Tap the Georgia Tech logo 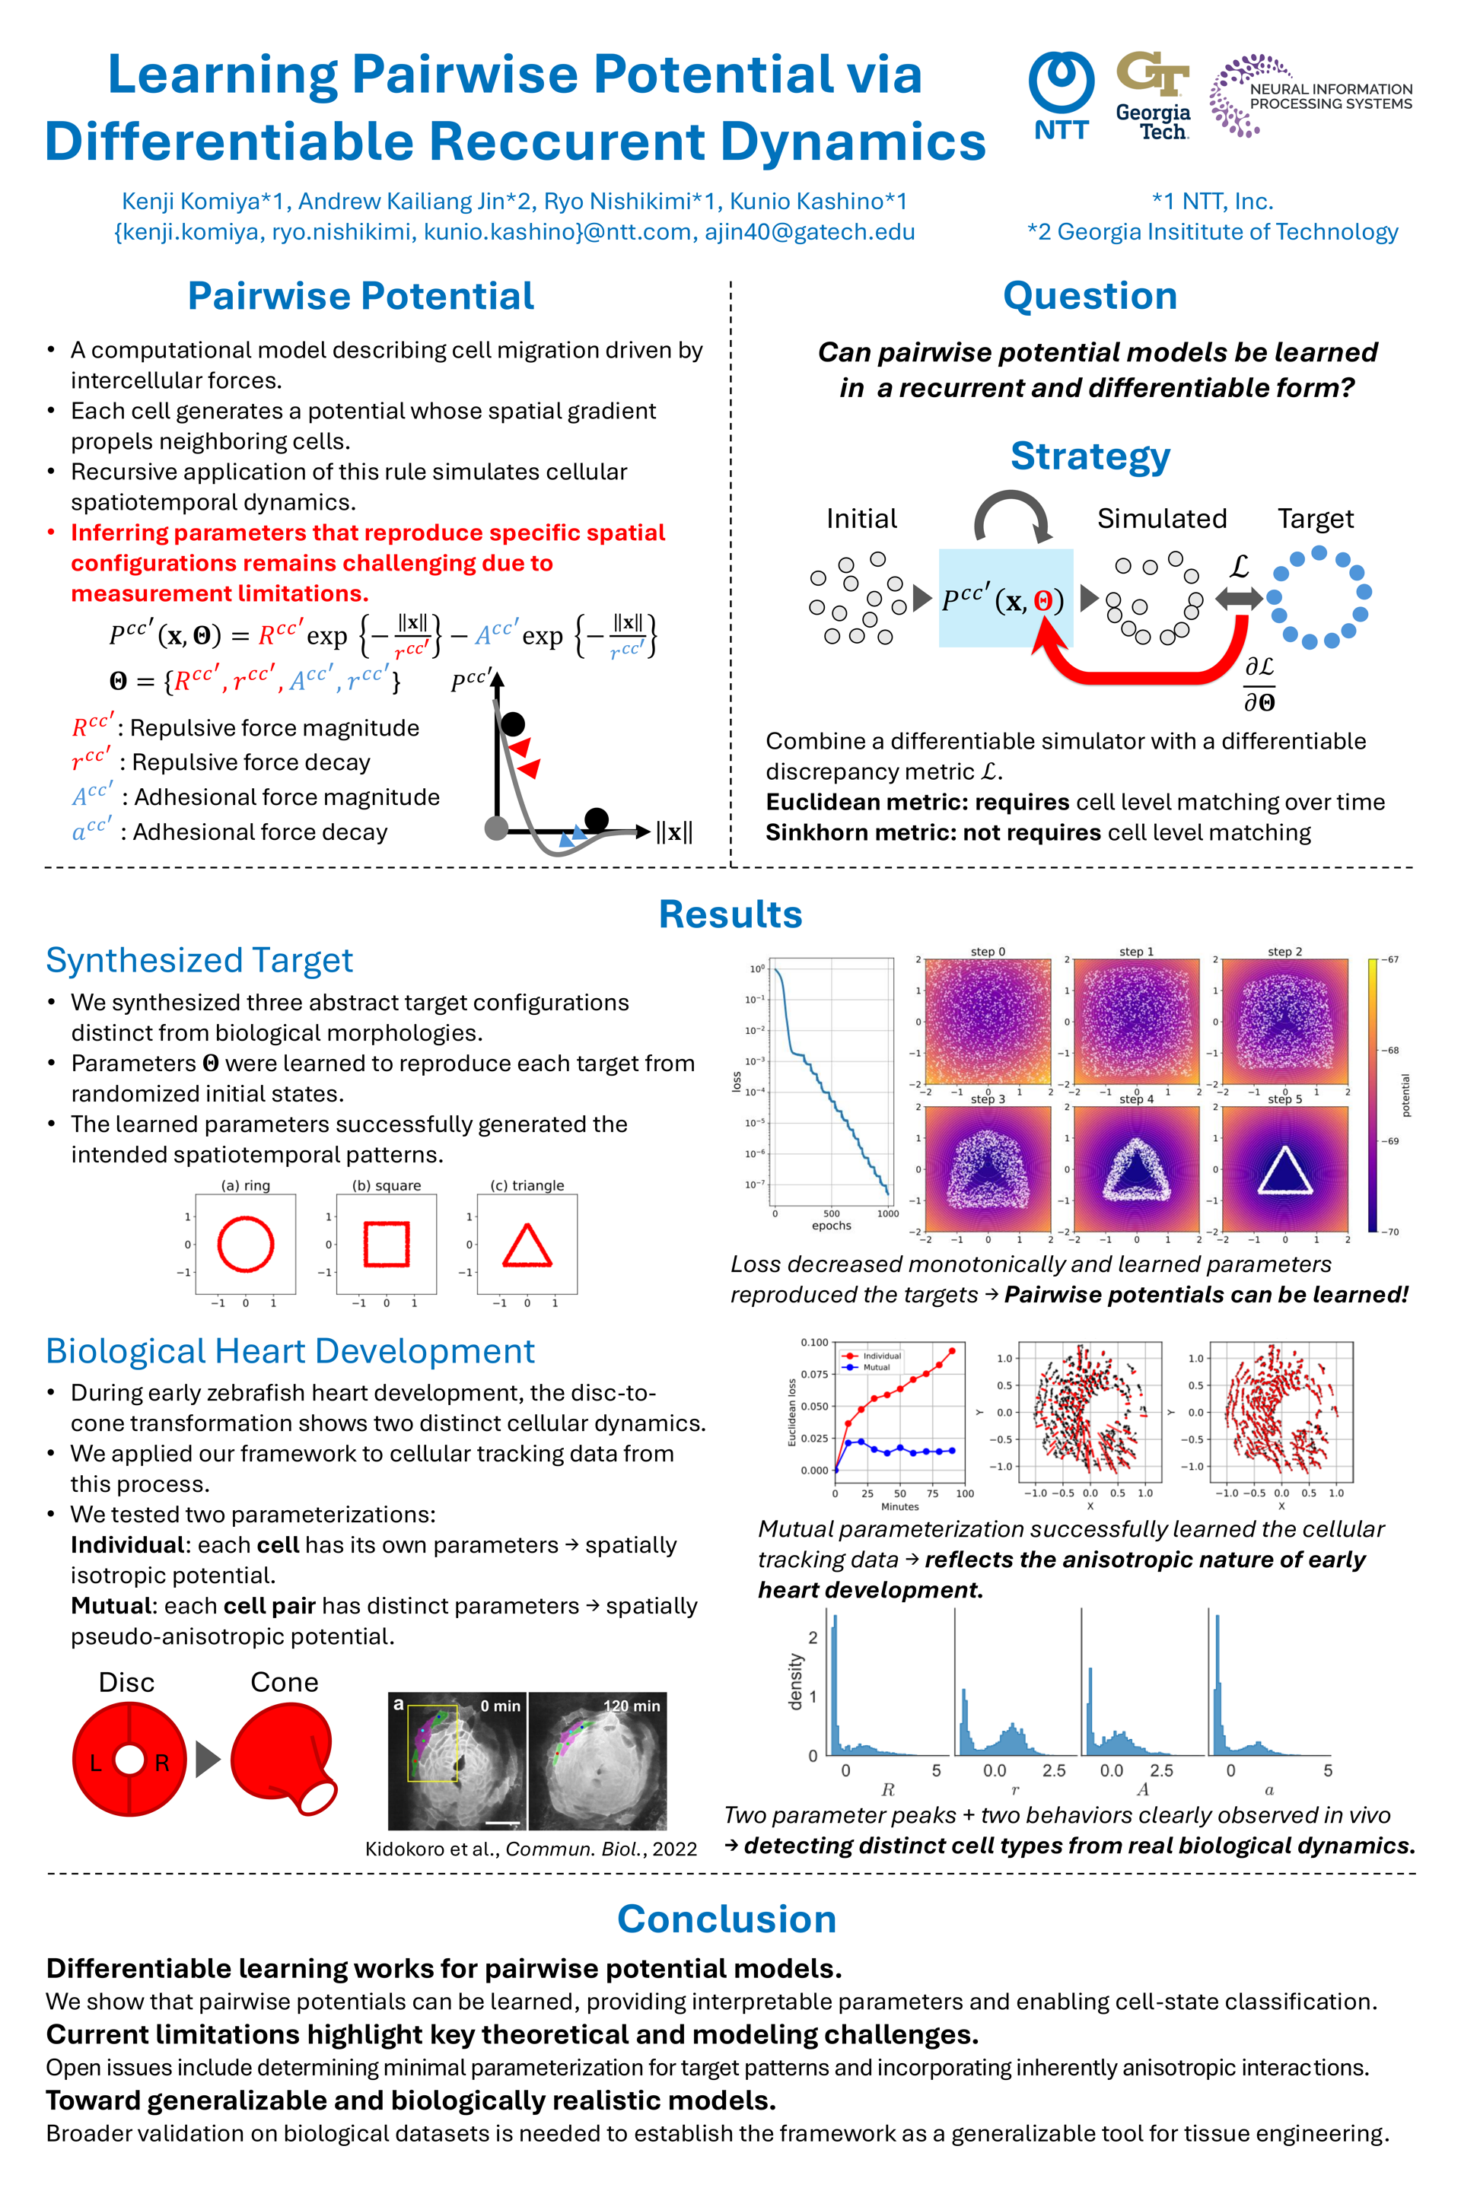tap(1153, 96)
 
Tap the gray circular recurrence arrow tap(1011, 514)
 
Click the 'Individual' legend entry tap(880, 1356)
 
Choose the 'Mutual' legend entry tap(876, 1368)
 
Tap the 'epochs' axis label tap(831, 1226)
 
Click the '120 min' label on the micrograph tap(631, 1706)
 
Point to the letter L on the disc tap(95, 1763)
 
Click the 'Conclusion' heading tap(727, 1920)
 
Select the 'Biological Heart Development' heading tap(290, 1352)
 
